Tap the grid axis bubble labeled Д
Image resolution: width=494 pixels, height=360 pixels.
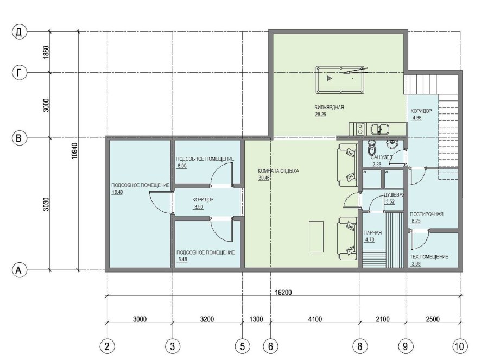19,32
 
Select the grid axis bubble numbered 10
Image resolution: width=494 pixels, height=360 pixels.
460,346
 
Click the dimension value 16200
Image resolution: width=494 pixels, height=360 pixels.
283,293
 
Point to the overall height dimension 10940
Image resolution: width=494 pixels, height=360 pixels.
74,151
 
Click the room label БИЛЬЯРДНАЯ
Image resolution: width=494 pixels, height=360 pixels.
329,107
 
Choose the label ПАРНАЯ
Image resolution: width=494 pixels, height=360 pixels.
372,232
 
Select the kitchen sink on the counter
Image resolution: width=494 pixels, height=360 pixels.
379,129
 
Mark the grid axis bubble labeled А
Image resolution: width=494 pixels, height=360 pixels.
19,270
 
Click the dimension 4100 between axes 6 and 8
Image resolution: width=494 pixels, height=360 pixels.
315,319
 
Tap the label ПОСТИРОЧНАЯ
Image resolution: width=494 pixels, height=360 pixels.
426,214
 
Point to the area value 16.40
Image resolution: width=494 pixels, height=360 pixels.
117,192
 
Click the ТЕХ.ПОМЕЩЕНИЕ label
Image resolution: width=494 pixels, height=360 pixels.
429,257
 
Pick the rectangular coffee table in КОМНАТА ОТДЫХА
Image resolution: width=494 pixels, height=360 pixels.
316,236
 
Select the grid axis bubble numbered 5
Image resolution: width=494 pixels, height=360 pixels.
242,346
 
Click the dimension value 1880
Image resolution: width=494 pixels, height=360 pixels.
46,52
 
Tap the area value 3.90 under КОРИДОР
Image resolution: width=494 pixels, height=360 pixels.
199,207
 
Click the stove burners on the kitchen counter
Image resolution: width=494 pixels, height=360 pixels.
359,129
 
